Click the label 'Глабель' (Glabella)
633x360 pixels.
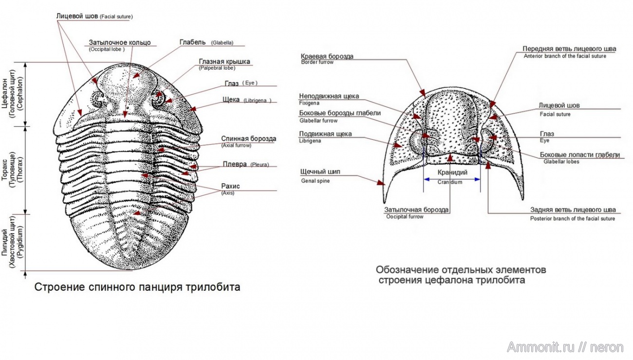pyautogui.click(x=193, y=42)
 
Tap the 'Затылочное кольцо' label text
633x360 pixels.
pyautogui.click(x=120, y=42)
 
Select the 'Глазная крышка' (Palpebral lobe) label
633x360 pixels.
pyautogui.click(x=224, y=61)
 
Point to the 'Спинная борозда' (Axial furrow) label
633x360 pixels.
pyautogui.click(x=248, y=139)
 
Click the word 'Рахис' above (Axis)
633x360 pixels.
pyautogui.click(x=230, y=186)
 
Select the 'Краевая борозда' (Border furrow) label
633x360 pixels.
pyautogui.click(x=327, y=56)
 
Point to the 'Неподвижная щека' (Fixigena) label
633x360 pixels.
pyautogui.click(x=329, y=96)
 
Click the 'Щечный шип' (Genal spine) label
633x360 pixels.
pyautogui.click(x=321, y=172)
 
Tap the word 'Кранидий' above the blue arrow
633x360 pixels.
pyautogui.click(x=452, y=172)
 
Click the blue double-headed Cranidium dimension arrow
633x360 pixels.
pyautogui.click(x=452, y=179)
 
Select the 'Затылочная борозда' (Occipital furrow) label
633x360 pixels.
pyautogui.click(x=416, y=210)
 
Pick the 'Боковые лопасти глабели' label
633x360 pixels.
pyautogui.click(x=580, y=155)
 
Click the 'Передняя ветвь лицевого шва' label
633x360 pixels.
pyautogui.click(x=569, y=49)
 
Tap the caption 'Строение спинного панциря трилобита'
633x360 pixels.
pyautogui.click(x=137, y=287)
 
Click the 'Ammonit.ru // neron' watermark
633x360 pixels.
pyautogui.click(x=565, y=347)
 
